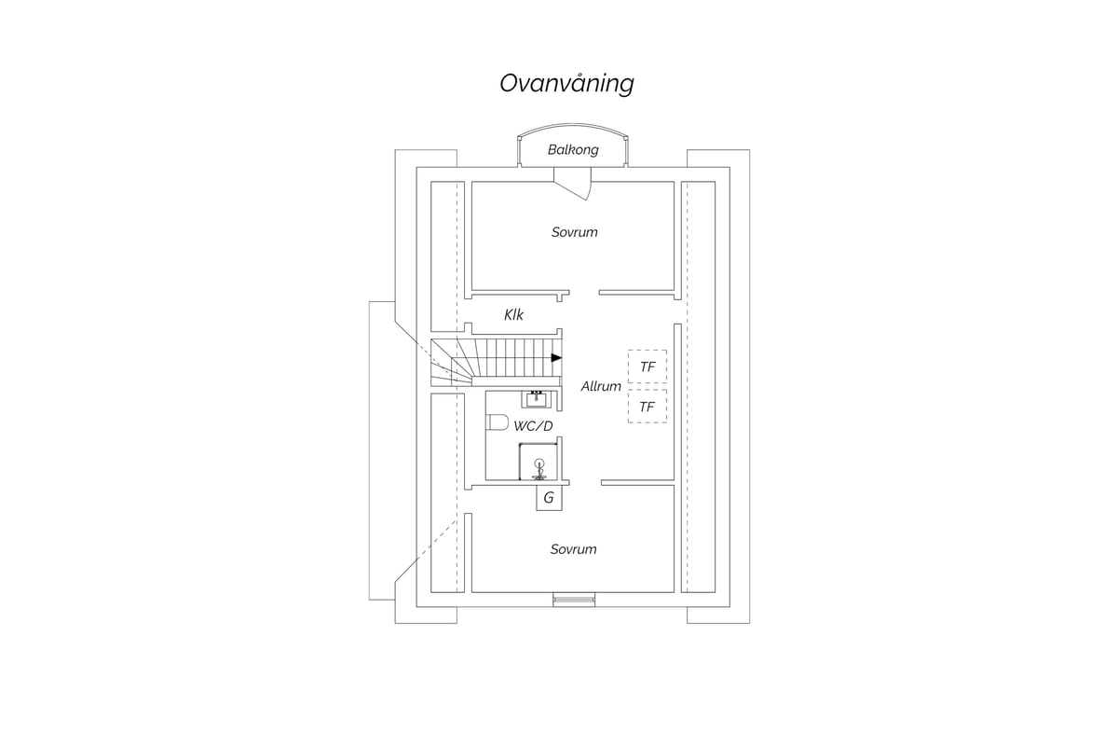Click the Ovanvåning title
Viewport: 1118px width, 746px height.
[566, 83]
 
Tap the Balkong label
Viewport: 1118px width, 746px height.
[573, 150]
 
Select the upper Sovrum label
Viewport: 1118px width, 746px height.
[575, 232]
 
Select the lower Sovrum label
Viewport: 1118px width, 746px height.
[574, 549]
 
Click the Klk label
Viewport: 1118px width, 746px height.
[513, 315]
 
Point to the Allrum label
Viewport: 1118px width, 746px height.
[601, 386]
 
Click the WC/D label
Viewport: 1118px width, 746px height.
[533, 426]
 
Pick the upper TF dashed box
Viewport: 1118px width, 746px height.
[648, 366]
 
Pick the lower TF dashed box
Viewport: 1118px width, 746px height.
[648, 407]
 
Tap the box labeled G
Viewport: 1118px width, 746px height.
[549, 498]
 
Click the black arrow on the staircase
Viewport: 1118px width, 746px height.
[556, 358]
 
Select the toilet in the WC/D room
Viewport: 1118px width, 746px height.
[497, 422]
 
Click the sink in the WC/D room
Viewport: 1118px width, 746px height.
[537, 400]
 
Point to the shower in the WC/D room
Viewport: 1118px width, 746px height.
[539, 462]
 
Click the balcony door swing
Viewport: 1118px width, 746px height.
[573, 184]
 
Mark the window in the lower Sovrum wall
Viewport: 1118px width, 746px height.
[574, 600]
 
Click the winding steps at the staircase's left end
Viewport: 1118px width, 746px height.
[452, 362]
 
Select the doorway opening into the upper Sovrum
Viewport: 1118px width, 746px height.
[584, 293]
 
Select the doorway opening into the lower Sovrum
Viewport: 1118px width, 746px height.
[585, 483]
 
